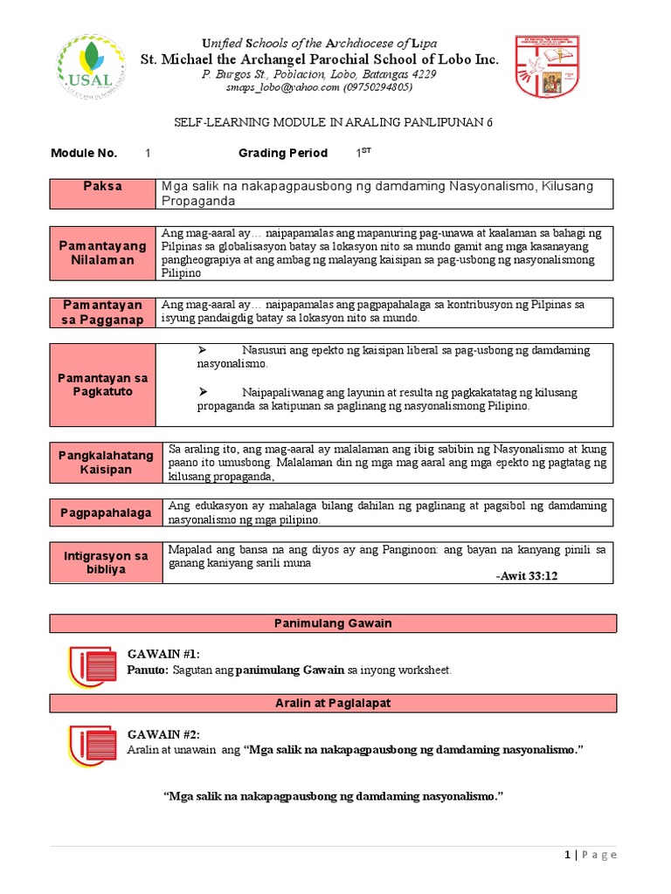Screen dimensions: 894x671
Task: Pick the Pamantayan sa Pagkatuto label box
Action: [102, 384]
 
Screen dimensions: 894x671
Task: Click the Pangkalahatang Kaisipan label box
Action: [106, 463]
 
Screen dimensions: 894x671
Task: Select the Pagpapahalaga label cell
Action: [106, 512]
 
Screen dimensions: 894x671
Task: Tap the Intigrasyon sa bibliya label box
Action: [106, 562]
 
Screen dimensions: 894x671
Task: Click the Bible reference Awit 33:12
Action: [526, 576]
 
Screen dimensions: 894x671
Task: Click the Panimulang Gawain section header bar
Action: [333, 623]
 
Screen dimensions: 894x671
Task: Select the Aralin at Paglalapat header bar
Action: [333, 703]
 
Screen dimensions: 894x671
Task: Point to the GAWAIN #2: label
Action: [164, 734]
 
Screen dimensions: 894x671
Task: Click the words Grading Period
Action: [283, 153]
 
